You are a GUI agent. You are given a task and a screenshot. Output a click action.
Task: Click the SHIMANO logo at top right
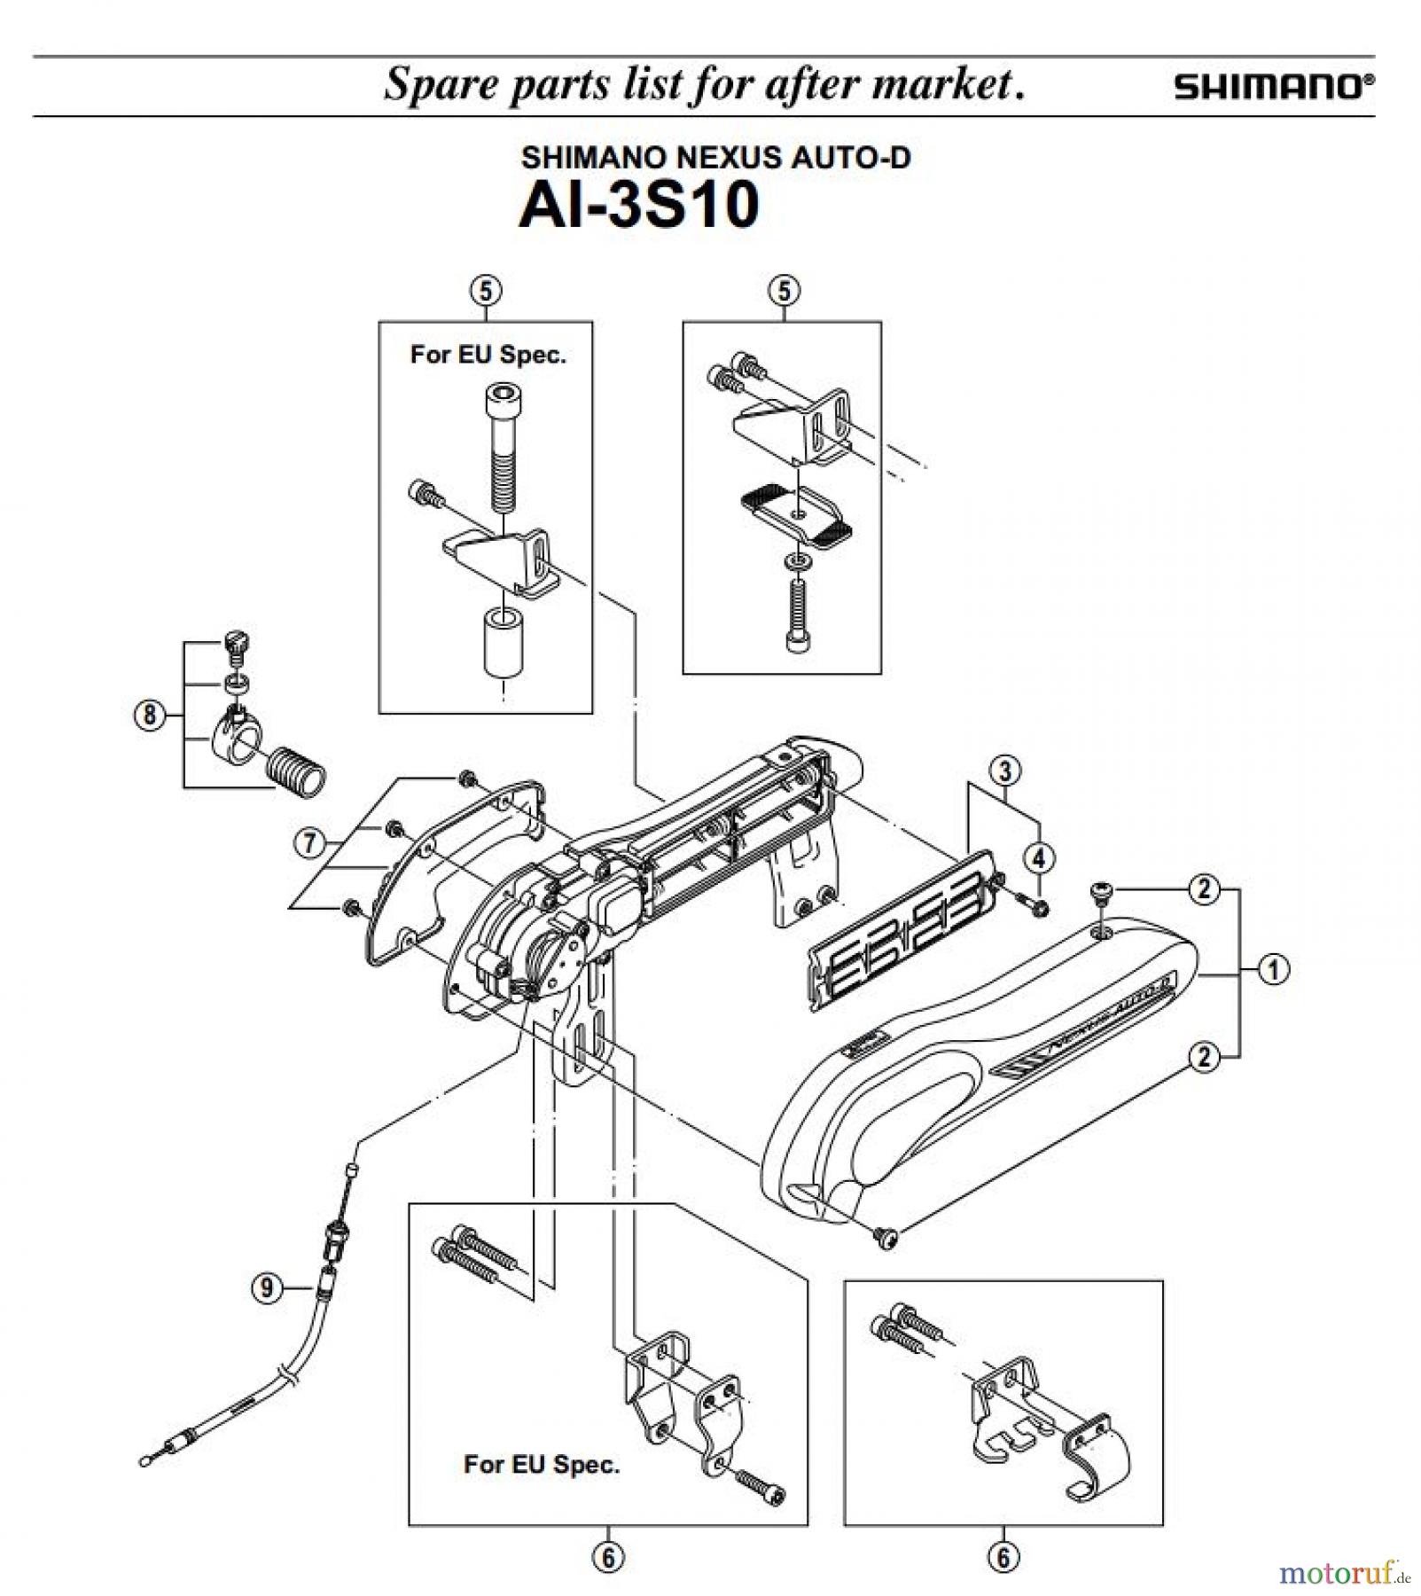point(1275,87)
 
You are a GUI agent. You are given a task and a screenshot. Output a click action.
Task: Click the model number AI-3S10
point(638,206)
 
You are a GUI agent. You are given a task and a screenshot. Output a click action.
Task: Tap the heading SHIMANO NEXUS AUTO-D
point(715,158)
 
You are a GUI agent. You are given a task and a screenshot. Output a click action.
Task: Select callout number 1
point(1274,970)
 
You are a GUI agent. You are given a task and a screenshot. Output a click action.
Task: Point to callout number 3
point(1004,770)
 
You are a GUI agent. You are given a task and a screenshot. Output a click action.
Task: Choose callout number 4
point(1039,857)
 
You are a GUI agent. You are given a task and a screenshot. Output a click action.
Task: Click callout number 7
point(309,841)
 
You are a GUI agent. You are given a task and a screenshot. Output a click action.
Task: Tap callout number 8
point(149,714)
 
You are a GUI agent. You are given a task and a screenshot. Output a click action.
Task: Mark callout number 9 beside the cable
point(267,1287)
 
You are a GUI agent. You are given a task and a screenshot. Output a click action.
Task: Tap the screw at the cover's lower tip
point(885,1238)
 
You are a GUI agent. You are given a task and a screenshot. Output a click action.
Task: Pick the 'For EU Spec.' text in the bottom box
point(542,1464)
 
